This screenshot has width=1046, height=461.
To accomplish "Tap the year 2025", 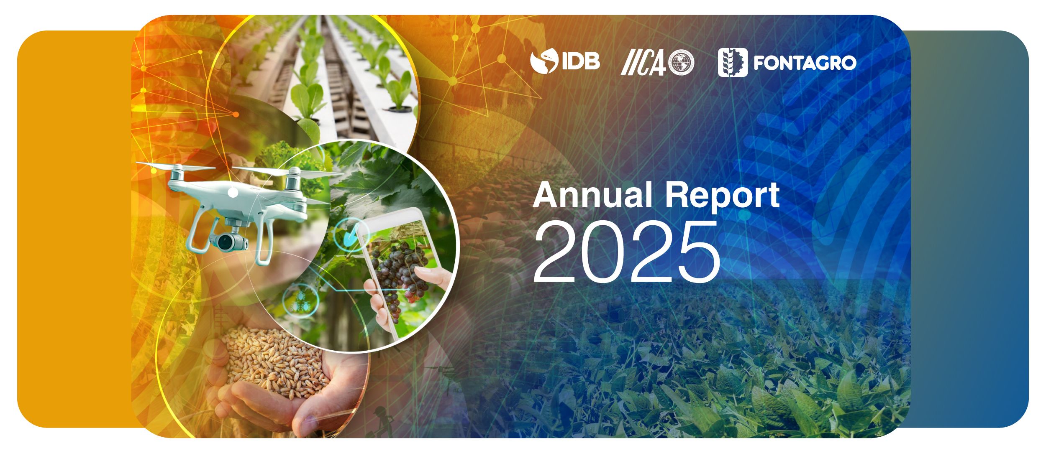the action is coord(627,250).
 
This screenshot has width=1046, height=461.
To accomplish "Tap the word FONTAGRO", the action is coord(805,63).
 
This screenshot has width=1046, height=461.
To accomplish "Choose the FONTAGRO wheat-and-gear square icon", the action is coord(733,63).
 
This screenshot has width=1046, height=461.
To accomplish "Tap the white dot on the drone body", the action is coord(233,193).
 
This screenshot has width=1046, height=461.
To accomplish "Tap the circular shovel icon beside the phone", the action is coord(351,235).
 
